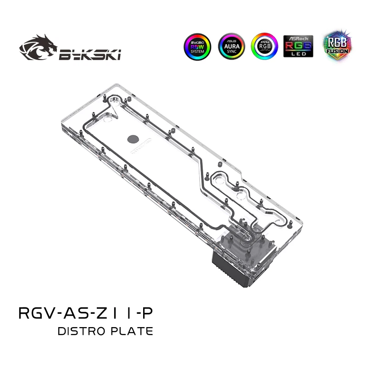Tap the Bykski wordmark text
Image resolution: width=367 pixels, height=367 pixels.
point(89,55)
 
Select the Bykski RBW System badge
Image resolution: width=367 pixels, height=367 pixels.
point(198,46)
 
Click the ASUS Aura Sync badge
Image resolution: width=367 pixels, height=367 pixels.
point(231,46)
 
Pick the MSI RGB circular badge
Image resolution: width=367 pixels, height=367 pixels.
point(264,46)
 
